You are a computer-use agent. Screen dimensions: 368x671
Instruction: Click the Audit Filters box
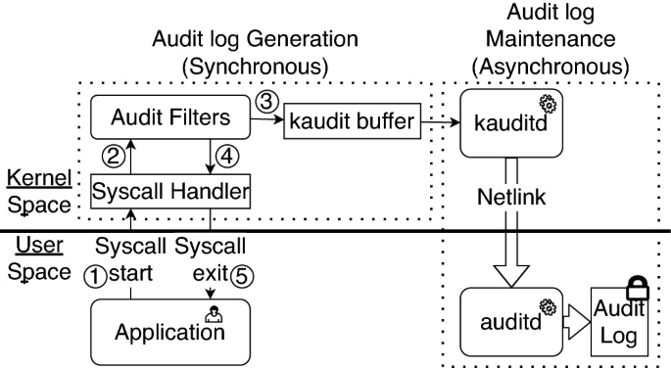pyautogui.click(x=171, y=117)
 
